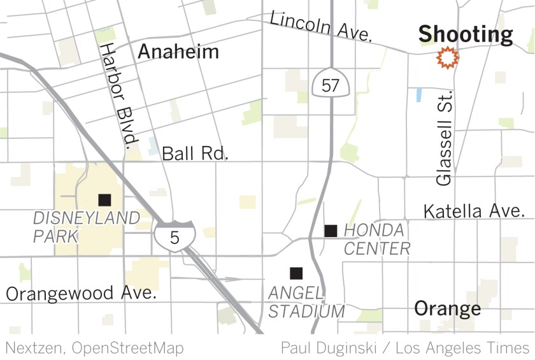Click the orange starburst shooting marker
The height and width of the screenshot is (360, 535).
click(x=448, y=58)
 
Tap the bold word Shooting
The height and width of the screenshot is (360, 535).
click(x=466, y=34)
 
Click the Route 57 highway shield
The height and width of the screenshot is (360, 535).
click(x=330, y=83)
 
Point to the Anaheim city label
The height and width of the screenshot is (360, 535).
click(x=178, y=51)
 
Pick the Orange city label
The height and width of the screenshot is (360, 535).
click(x=448, y=309)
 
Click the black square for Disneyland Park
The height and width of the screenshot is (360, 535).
click(x=104, y=199)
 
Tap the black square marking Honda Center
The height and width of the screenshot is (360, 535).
click(x=331, y=231)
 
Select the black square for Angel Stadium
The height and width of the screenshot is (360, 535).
click(x=296, y=273)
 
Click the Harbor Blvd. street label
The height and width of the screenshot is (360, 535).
click(x=118, y=94)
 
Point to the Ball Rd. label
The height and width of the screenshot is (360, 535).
click(x=195, y=154)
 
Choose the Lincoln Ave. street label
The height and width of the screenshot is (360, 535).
click(x=320, y=27)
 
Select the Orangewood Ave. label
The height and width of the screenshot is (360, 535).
click(x=81, y=294)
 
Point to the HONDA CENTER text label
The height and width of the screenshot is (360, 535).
click(x=374, y=239)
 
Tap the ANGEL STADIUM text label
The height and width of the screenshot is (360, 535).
click(x=306, y=302)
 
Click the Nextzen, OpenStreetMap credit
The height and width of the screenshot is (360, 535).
click(x=94, y=348)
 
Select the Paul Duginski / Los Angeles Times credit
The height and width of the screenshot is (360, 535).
click(x=405, y=348)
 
